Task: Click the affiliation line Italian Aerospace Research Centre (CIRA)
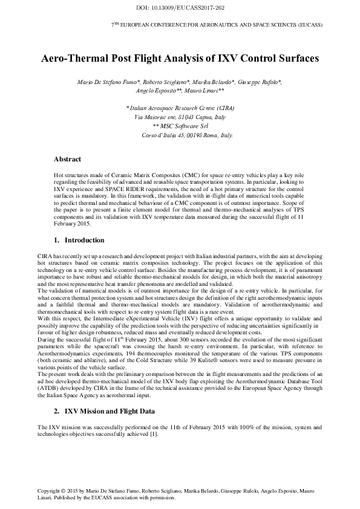(180, 107)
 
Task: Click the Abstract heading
(67, 160)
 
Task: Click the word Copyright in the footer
(49, 490)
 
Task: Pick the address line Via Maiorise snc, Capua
(180, 117)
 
